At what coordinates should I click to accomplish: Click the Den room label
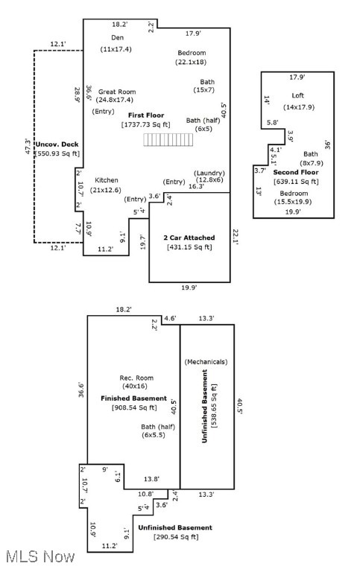click(x=117, y=37)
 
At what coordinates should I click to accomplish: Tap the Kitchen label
click(x=107, y=180)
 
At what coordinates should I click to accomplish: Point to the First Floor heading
click(x=145, y=115)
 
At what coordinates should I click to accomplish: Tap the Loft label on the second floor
click(x=297, y=95)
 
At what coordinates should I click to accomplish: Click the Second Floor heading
click(x=296, y=172)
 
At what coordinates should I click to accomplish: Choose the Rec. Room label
click(x=136, y=378)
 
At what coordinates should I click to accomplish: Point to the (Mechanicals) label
click(x=206, y=361)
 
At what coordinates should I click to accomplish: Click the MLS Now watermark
click(x=39, y=556)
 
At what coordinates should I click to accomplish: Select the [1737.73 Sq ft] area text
click(x=146, y=124)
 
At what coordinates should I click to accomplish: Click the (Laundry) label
click(x=209, y=172)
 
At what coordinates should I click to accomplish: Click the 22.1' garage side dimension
click(x=235, y=237)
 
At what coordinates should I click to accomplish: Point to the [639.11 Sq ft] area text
click(x=296, y=181)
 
